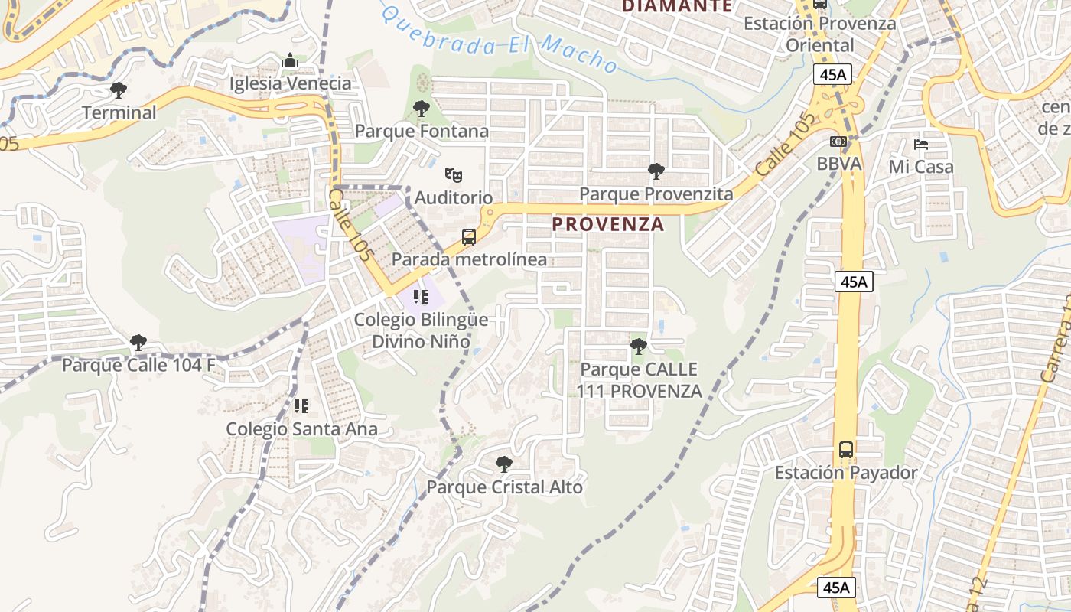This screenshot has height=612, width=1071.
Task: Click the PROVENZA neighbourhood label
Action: pos(607,224)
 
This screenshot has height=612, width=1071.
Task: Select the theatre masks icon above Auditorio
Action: pos(454,175)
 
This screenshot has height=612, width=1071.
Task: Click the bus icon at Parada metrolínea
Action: pos(469,237)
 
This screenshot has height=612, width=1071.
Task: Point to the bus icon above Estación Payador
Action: pos(845,450)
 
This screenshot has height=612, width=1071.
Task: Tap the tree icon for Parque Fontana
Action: pos(421,109)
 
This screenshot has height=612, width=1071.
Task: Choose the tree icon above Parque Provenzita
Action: pos(656,171)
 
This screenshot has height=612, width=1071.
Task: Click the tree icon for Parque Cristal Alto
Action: pos(503,464)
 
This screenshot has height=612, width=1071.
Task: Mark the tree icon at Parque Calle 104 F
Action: pos(138,342)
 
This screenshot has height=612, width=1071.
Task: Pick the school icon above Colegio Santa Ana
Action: pos(301,405)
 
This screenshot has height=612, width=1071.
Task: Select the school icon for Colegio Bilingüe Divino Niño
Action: pos(420,296)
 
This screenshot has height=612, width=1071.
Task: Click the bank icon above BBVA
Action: pos(838,142)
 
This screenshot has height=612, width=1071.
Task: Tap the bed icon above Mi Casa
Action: pos(921,144)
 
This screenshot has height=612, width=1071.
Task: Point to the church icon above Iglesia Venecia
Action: pos(290,60)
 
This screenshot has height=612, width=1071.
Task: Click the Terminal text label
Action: pos(119,112)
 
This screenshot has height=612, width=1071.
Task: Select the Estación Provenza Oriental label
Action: pos(820,34)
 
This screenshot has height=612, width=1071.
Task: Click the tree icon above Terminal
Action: pos(118,90)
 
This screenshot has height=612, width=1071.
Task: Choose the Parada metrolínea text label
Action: pos(469,259)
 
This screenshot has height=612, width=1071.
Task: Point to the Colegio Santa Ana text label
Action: pos(301,429)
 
